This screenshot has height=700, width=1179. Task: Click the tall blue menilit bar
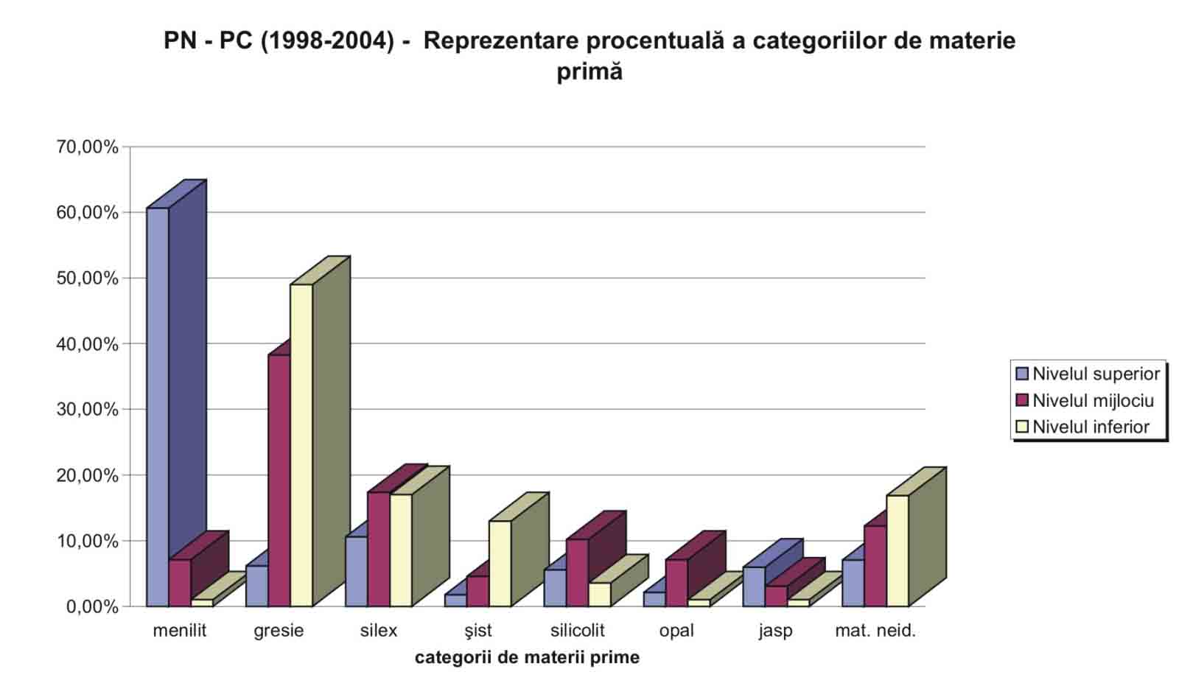(158, 405)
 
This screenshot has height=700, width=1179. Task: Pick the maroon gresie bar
(279, 480)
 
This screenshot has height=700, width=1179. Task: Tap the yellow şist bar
(500, 563)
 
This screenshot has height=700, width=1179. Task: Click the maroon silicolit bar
(577, 572)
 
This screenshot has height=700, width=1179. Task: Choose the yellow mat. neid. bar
(897, 550)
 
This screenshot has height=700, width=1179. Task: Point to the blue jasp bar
(754, 586)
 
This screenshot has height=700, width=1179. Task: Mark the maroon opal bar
(676, 582)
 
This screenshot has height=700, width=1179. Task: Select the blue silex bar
(357, 571)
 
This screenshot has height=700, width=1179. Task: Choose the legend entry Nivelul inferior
(1091, 427)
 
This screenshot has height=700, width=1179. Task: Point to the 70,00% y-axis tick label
(87, 147)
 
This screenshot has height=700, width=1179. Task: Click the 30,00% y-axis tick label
(87, 410)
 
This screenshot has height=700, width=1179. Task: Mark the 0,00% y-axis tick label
(92, 607)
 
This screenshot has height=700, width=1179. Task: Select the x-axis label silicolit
(577, 631)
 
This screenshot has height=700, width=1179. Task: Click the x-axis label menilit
(180, 631)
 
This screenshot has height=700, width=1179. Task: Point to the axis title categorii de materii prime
(527, 657)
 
